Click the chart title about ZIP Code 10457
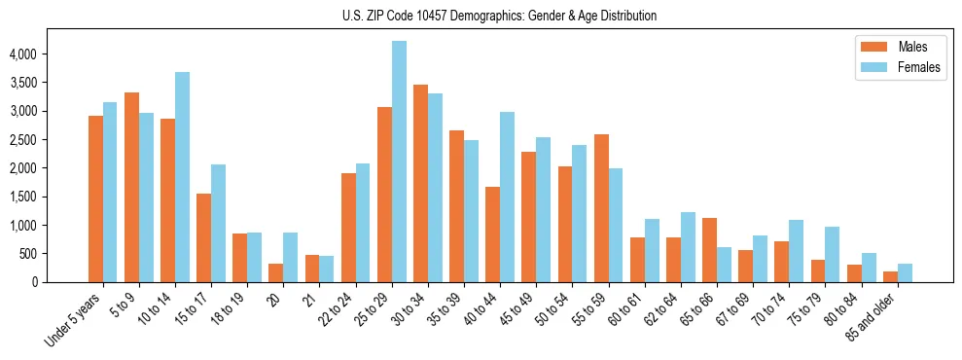pyautogui.click(x=500, y=16)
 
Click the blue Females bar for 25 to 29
pyautogui.click(x=399, y=162)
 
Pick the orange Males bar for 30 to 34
pyautogui.click(x=420, y=184)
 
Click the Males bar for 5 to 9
pyautogui.click(x=131, y=188)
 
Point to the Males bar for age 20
pyautogui.click(x=275, y=272)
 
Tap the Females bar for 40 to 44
pyautogui.click(x=507, y=198)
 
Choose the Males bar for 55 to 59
pyautogui.click(x=601, y=208)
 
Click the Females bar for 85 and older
pyautogui.click(x=905, y=272)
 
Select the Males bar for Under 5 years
pyautogui.click(x=95, y=199)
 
